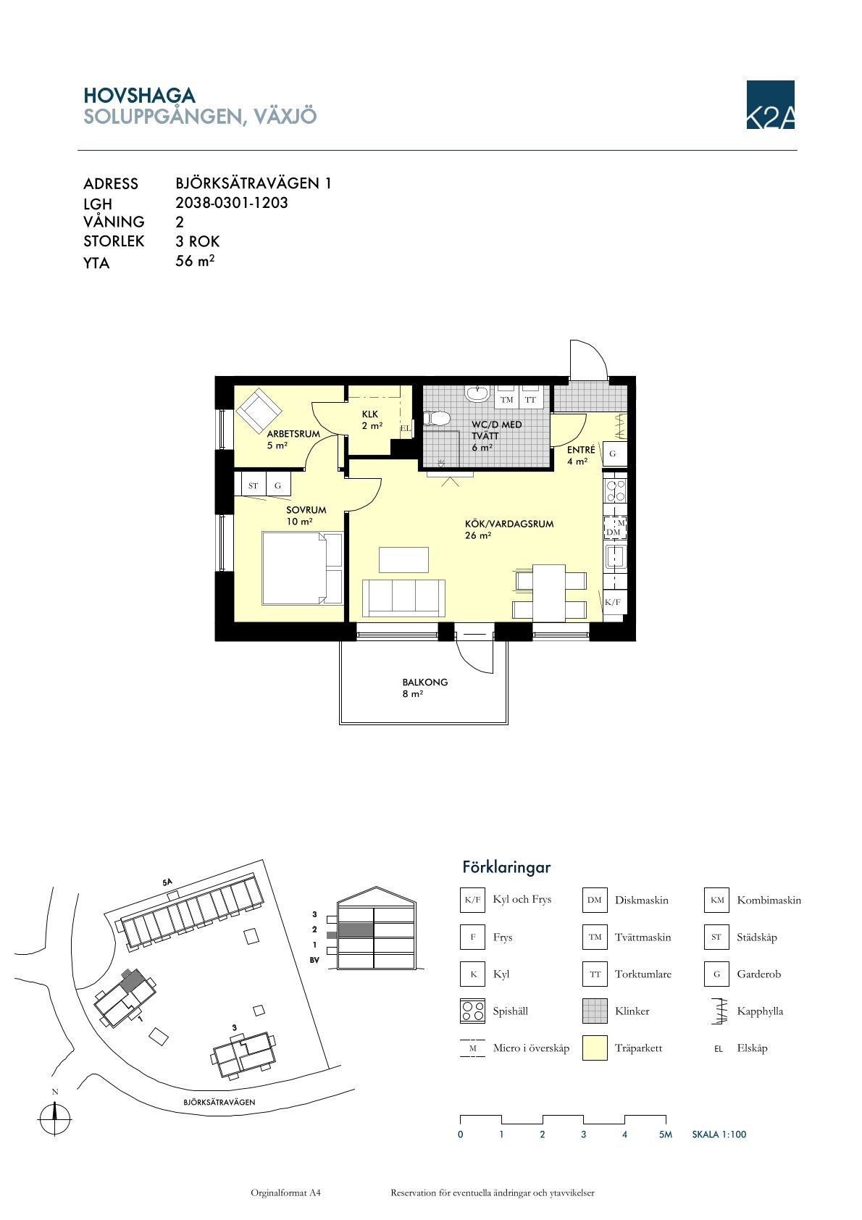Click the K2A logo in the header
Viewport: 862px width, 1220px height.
pyautogui.click(x=770, y=104)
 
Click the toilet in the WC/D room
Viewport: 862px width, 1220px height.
pyautogui.click(x=438, y=418)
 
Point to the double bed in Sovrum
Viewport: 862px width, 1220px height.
pyautogui.click(x=302, y=568)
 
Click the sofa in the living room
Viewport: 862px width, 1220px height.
pyautogui.click(x=403, y=598)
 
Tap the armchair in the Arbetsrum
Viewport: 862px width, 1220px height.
pyautogui.click(x=258, y=411)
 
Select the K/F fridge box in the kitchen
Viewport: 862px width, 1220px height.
pyautogui.click(x=613, y=601)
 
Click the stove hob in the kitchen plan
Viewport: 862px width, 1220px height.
pyautogui.click(x=615, y=490)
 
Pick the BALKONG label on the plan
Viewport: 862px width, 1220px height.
pyautogui.click(x=424, y=682)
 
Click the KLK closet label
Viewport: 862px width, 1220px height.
pyautogui.click(x=369, y=414)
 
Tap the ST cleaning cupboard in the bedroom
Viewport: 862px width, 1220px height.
pyautogui.click(x=254, y=485)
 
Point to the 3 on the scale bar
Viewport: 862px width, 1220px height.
pyautogui.click(x=583, y=1135)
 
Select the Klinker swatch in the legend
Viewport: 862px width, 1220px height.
pyautogui.click(x=595, y=1011)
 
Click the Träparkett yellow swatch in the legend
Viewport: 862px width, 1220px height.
pyautogui.click(x=595, y=1048)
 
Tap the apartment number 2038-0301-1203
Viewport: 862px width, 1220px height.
pyautogui.click(x=231, y=203)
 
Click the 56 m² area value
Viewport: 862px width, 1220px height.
pyautogui.click(x=195, y=260)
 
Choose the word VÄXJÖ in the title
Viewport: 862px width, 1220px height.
pyautogui.click(x=285, y=116)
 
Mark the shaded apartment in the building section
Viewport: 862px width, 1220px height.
pyautogui.click(x=356, y=929)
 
